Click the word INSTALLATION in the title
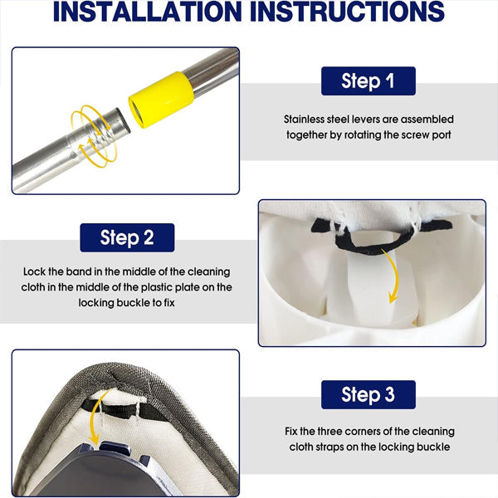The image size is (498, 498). pos(148,12)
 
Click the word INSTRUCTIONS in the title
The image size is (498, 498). pos(347,12)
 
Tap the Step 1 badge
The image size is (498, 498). pos(368,81)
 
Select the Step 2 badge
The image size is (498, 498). pos(127,237)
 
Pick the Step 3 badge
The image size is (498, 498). pos(368,394)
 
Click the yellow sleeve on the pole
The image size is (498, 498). pos(161,100)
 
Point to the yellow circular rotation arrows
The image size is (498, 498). pos(94,135)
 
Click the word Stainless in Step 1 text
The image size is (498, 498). pos(304,120)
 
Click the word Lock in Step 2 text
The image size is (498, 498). pos(34,272)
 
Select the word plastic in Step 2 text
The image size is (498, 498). pos(157,287)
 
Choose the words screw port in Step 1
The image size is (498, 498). pos(427,135)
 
